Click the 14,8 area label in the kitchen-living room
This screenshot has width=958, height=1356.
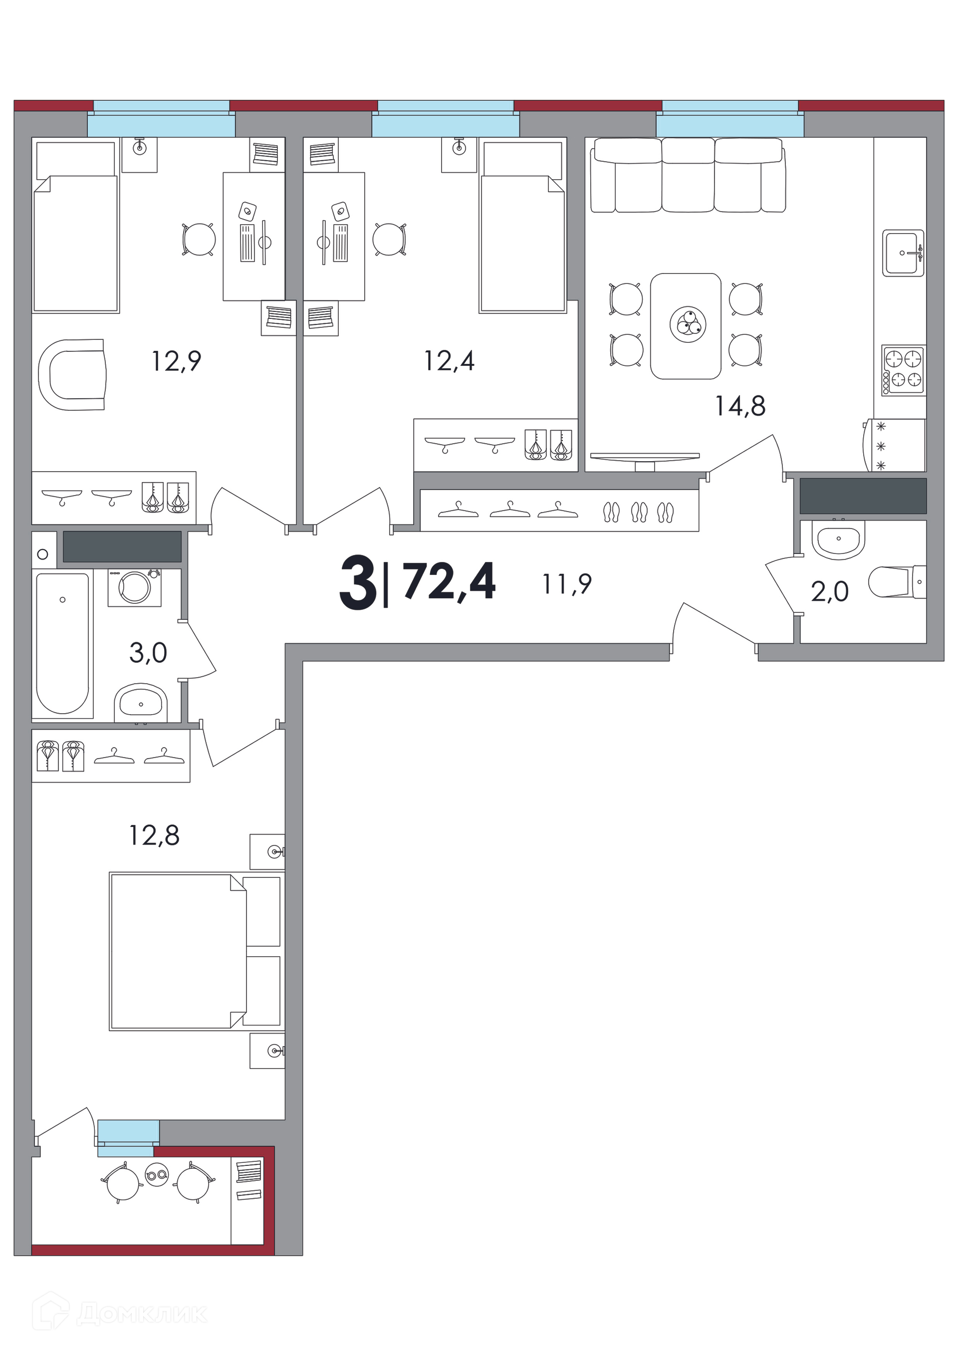[x=740, y=406]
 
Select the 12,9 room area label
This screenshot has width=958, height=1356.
[x=177, y=361]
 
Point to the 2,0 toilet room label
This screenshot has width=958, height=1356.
[x=830, y=591]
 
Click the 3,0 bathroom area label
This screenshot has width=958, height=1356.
[x=148, y=653]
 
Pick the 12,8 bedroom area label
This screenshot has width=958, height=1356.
[x=154, y=835]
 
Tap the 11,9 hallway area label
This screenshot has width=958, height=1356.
[x=567, y=584]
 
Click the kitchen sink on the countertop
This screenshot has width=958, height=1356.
[x=903, y=253]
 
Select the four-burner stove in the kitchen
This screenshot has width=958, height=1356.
[x=904, y=370]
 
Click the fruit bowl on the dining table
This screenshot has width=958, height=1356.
[x=688, y=325]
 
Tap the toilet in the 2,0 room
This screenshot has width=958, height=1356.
[x=897, y=582]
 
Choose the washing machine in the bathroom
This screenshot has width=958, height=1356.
[x=135, y=587]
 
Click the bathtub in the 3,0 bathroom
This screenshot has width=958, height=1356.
[x=62, y=644]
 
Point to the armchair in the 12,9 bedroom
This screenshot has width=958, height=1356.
[x=72, y=374]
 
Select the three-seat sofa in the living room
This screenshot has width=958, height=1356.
[x=688, y=175]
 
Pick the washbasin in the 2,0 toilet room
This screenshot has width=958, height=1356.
[x=838, y=539]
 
